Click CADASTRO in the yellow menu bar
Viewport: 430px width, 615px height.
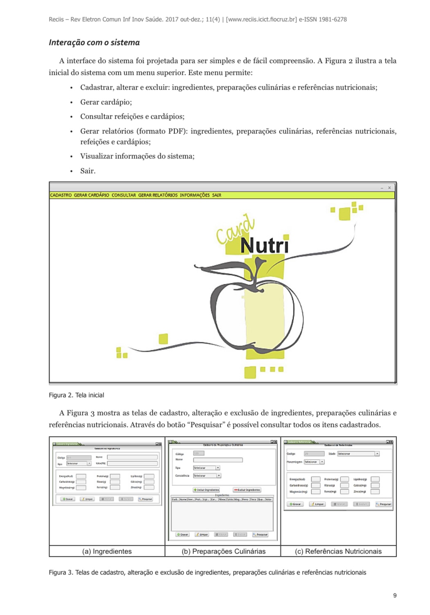pyautogui.click(x=61, y=195)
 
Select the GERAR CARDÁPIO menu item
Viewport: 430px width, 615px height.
pyautogui.click(x=91, y=195)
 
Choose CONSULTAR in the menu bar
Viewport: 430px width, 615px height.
pyautogui.click(x=123, y=195)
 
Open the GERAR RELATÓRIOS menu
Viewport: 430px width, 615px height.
pyautogui.click(x=158, y=195)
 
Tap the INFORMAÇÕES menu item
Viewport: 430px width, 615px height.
pyautogui.click(x=195, y=195)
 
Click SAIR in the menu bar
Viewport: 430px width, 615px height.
pyautogui.click(x=217, y=195)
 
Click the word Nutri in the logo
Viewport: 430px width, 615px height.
pyautogui.click(x=264, y=246)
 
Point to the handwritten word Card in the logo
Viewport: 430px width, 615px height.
pyautogui.click(x=235, y=231)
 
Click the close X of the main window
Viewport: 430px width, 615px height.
pyautogui.click(x=389, y=188)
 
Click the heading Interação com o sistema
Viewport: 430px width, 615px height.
pyautogui.click(x=94, y=43)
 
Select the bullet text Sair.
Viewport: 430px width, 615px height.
pyautogui.click(x=88, y=171)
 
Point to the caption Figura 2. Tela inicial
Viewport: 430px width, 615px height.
pyautogui.click(x=76, y=395)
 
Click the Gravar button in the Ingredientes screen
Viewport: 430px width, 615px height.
pyautogui.click(x=68, y=499)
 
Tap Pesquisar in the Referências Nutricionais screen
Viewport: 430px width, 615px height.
pyautogui.click(x=384, y=504)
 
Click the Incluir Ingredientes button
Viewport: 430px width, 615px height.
pyautogui.click(x=206, y=490)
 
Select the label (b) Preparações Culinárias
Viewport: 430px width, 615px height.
pyautogui.click(x=223, y=551)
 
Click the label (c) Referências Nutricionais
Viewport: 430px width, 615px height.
pyautogui.click(x=338, y=551)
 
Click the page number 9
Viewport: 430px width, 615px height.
pyautogui.click(x=395, y=595)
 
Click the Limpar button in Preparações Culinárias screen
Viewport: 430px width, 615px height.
pyautogui.click(x=202, y=534)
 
